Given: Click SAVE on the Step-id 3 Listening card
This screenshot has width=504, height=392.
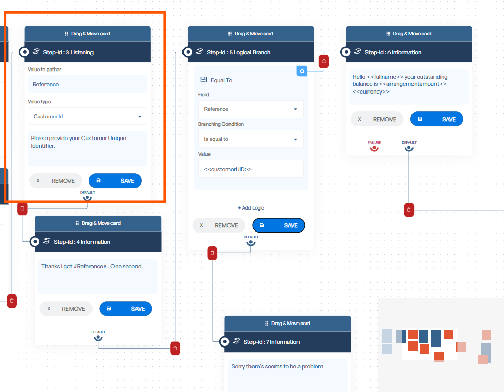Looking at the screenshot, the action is (x=115, y=181).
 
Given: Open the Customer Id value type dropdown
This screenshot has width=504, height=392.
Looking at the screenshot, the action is (x=87, y=117).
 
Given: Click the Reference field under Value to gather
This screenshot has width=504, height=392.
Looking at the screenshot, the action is (x=87, y=84).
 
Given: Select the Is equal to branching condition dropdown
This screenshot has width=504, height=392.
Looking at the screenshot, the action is (x=250, y=139).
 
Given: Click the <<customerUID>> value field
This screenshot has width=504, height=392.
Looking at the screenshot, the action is (x=250, y=169).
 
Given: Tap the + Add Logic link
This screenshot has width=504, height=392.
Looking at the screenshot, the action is (x=250, y=208).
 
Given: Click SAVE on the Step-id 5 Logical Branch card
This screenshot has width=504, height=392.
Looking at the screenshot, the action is (x=279, y=225).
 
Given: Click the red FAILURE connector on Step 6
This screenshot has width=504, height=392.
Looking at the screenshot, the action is (x=374, y=148).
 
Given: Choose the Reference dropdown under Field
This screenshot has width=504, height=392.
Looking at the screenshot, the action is (x=250, y=109).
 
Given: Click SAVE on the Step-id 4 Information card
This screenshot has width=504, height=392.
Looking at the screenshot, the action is (x=126, y=309).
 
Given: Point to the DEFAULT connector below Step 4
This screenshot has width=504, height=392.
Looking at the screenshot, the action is (x=98, y=338).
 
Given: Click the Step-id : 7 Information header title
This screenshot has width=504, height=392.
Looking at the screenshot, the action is (x=271, y=342).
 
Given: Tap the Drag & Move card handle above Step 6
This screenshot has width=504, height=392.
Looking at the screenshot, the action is (x=409, y=34).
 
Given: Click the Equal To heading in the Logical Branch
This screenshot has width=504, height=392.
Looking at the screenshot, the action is (x=221, y=80).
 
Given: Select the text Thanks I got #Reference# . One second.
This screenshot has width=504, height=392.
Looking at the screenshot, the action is (x=92, y=266).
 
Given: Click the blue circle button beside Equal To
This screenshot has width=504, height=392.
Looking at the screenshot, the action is (x=302, y=71).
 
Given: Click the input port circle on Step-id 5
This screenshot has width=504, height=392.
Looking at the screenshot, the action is (x=188, y=52).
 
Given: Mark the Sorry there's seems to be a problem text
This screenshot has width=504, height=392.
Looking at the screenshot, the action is (x=277, y=366).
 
